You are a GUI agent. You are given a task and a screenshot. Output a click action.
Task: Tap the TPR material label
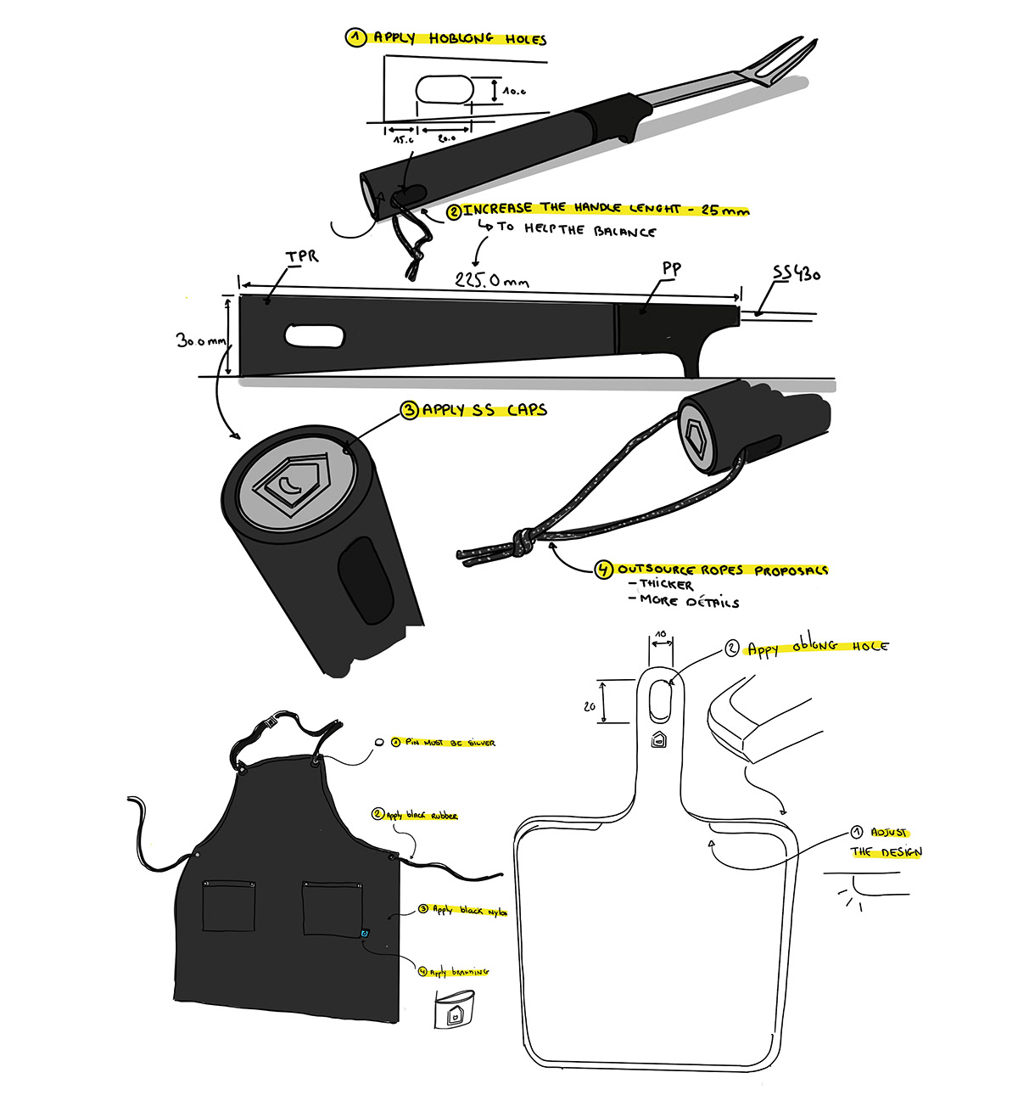coord(302,255)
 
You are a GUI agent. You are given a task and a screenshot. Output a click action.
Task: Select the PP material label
coord(672,269)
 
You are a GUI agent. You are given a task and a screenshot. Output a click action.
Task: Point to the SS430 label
coord(796,273)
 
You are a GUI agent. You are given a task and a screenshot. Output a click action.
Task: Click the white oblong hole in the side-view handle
coord(315,335)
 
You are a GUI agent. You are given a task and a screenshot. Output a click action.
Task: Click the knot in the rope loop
coord(523,542)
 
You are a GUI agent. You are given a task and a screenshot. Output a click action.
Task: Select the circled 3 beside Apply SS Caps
coord(410,410)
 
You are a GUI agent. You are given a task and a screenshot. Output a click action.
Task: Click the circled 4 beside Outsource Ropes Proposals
coord(603,570)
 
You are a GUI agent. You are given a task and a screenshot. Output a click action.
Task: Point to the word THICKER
coord(666,585)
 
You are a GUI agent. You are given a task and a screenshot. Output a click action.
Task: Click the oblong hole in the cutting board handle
coord(659,700)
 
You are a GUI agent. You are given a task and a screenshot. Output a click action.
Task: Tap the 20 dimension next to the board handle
coord(590,706)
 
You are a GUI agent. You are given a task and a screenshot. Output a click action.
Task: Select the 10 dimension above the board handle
coord(661,633)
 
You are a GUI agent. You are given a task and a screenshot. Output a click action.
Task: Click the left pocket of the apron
coord(229,908)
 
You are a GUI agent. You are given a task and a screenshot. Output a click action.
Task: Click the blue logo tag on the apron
coord(364,934)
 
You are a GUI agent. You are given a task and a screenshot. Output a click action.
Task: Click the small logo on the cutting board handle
coord(658,740)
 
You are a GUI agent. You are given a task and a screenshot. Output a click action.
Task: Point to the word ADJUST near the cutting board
coord(889,833)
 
